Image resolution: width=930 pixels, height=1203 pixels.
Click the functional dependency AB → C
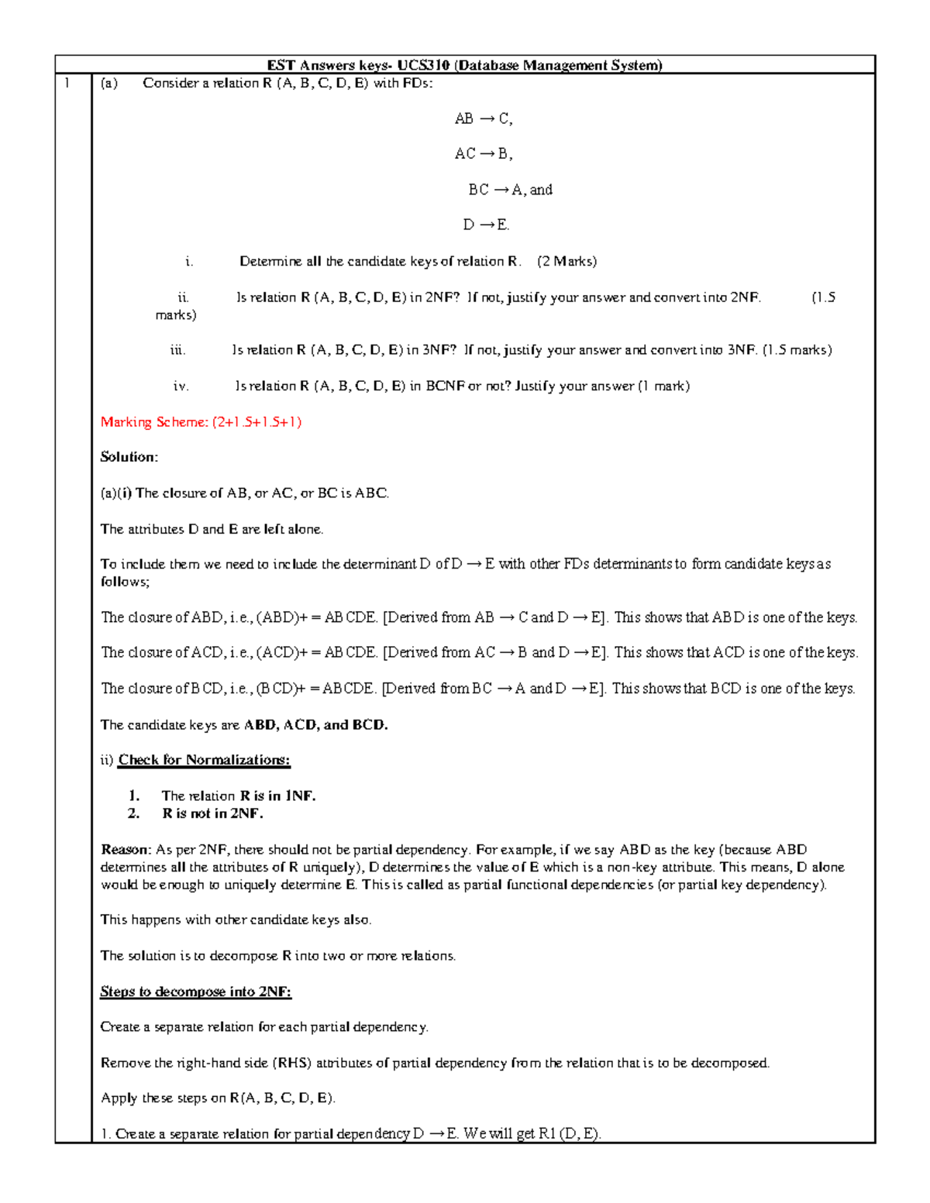pyautogui.click(x=484, y=119)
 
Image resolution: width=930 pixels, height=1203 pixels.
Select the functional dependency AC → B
pyautogui.click(x=484, y=154)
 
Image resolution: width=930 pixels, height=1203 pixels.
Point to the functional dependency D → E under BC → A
pyautogui.click(x=486, y=225)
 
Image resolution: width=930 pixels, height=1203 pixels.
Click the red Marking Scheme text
pyautogui.click(x=201, y=422)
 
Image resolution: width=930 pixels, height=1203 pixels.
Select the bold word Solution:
pyautogui.click(x=129, y=457)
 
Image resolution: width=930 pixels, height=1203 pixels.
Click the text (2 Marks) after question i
pyautogui.click(x=567, y=262)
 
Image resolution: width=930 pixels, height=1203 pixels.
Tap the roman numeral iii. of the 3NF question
pyautogui.click(x=178, y=350)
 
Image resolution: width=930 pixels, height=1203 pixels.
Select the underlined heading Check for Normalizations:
pyautogui.click(x=204, y=760)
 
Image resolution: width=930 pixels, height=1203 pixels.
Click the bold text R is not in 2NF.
pyautogui.click(x=212, y=813)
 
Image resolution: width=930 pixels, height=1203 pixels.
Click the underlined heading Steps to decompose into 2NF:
pyautogui.click(x=195, y=992)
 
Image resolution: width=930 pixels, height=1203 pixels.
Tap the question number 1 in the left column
pyautogui.click(x=67, y=84)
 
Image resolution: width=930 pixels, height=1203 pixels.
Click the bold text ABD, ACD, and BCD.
pyautogui.click(x=315, y=725)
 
